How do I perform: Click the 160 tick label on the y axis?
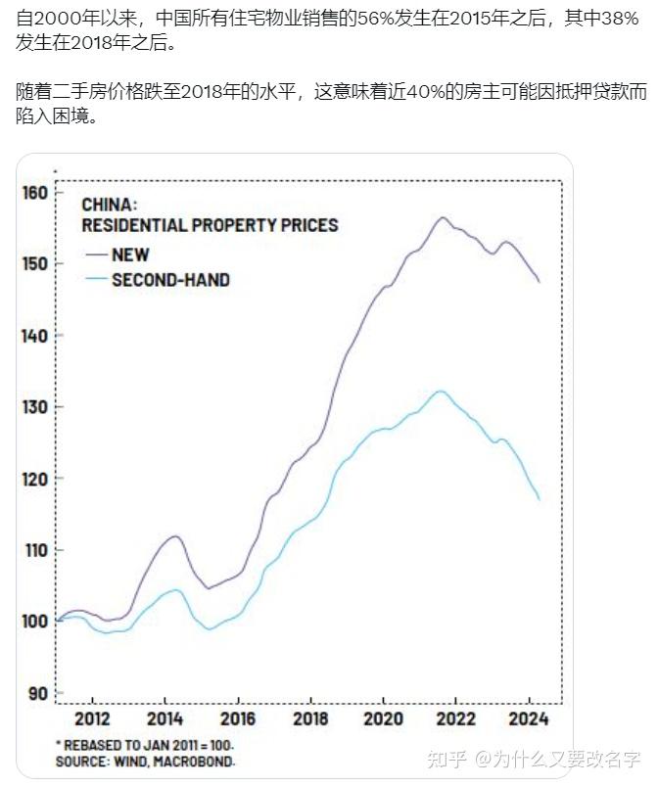pos(34,193)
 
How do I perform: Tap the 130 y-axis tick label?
pos(34,407)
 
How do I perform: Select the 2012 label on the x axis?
pos(92,718)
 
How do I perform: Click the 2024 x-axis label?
pos(529,718)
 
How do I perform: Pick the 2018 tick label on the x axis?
pos(310,718)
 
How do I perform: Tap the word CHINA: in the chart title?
pos(109,205)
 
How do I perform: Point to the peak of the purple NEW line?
pos(443,217)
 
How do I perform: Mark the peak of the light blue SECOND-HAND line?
pos(442,391)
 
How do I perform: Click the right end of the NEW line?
pos(540,282)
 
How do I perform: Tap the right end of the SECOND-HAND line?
pos(540,499)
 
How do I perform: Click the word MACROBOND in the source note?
pos(194,762)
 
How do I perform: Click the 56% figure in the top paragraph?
pos(375,19)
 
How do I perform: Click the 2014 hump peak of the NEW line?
pos(175,536)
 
